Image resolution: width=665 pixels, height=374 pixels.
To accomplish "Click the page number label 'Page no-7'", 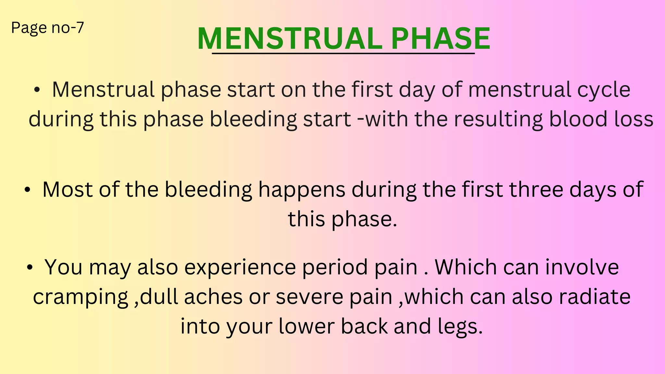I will (x=47, y=28).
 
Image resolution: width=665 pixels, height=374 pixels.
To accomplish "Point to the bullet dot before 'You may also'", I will (x=30, y=268).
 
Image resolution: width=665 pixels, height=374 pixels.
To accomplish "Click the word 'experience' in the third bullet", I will (x=240, y=268).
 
